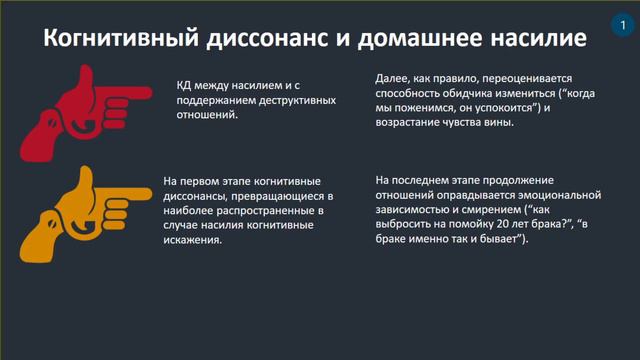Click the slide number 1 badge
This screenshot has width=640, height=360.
[611, 23]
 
